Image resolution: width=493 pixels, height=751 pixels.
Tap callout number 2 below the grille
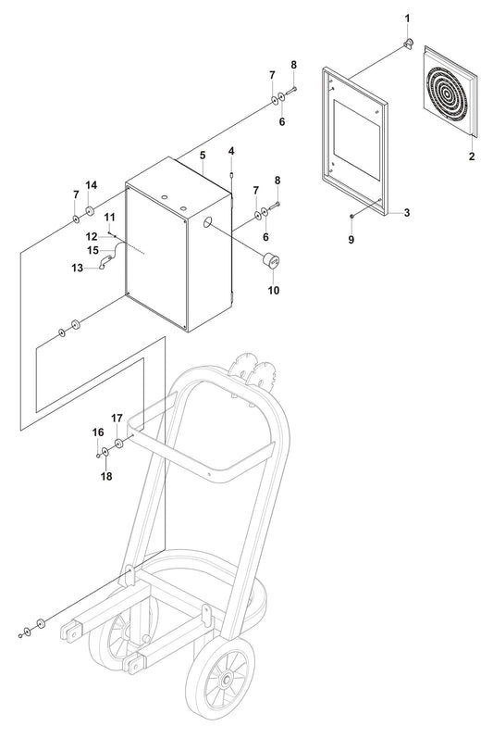click(x=471, y=156)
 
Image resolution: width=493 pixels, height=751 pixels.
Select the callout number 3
click(x=406, y=212)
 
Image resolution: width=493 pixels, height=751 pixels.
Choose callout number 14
click(x=92, y=186)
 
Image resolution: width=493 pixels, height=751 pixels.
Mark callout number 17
click(x=117, y=418)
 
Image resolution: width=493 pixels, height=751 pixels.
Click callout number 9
click(x=351, y=239)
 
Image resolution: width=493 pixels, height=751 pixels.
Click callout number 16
click(x=97, y=432)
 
